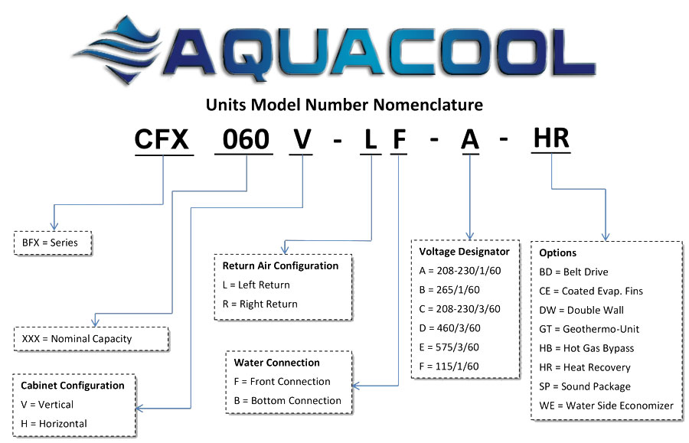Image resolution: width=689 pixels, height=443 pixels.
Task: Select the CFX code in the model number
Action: [x=163, y=140]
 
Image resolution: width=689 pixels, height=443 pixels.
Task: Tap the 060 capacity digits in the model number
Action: [x=246, y=140]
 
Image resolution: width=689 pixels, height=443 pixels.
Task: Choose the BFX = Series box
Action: [x=52, y=243]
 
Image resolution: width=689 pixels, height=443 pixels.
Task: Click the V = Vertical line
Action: [x=47, y=404]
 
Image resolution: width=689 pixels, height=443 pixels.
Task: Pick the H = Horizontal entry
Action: [x=54, y=423]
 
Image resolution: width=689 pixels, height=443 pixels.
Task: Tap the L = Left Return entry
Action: [x=256, y=285]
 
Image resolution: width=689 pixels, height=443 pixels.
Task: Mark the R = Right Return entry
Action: [x=260, y=304]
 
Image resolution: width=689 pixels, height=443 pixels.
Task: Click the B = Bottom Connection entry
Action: [x=287, y=400]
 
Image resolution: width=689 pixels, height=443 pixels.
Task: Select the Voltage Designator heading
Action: [x=464, y=251]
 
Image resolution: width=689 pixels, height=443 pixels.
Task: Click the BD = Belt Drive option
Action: [x=573, y=272]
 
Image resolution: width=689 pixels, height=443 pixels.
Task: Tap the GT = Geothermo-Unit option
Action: [x=589, y=329]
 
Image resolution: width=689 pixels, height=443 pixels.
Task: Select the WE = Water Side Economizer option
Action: [x=606, y=406]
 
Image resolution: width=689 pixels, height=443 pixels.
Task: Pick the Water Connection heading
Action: [x=276, y=362]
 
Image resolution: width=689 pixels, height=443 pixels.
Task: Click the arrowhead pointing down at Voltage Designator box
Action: [x=469, y=235]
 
